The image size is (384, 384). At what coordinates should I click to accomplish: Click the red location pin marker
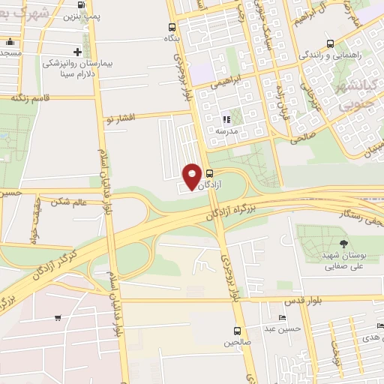pyautogui.click(x=192, y=175)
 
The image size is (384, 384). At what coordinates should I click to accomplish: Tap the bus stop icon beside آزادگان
pyautogui.click(x=208, y=173)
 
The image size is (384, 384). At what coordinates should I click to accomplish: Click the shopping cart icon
pyautogui.click(x=58, y=317)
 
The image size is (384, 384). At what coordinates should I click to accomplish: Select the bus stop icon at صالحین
pyautogui.click(x=237, y=331)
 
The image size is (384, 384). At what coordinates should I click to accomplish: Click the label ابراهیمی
pyautogui.click(x=223, y=85)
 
